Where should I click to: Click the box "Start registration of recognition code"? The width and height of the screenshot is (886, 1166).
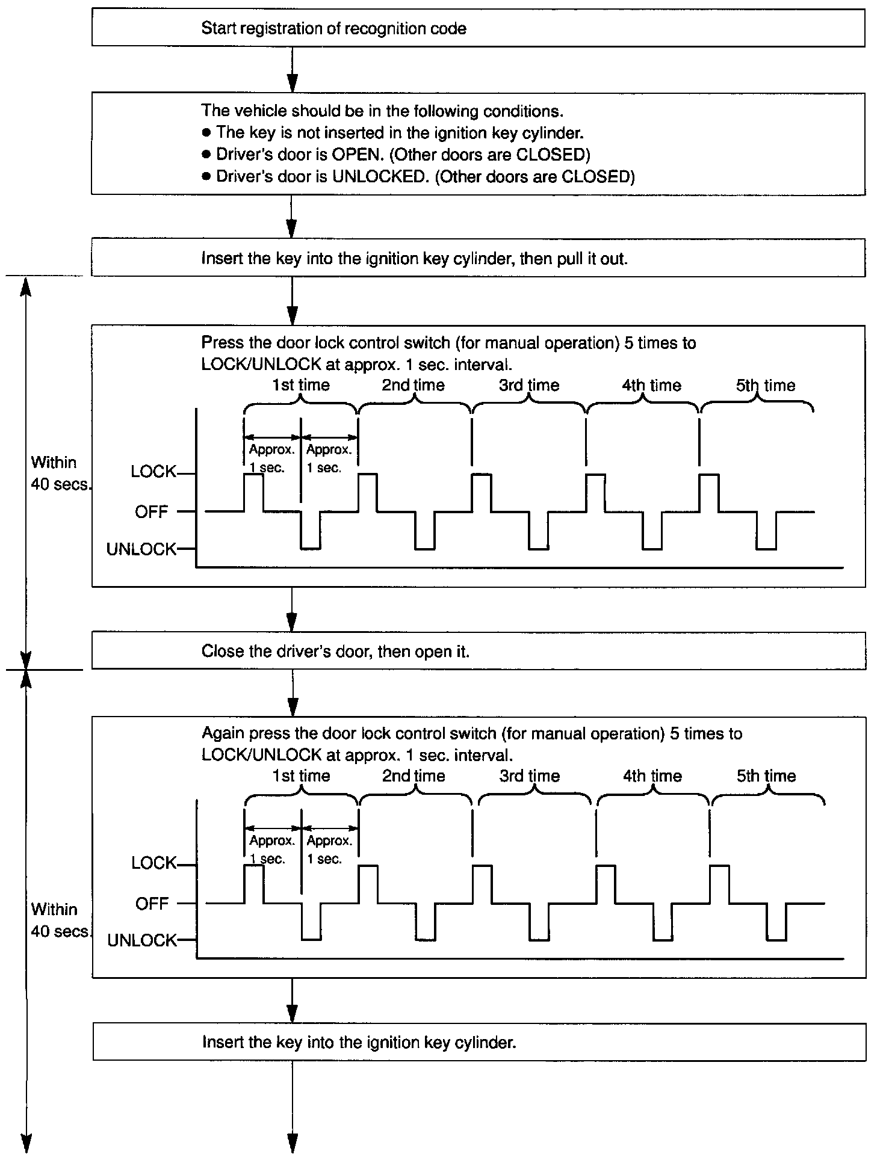478,28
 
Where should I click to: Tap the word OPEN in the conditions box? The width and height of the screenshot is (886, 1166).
358,155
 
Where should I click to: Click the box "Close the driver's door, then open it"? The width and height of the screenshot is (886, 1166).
478,651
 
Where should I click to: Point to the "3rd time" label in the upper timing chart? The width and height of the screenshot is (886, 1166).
529,385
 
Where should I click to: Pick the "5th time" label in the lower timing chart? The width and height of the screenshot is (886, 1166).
766,776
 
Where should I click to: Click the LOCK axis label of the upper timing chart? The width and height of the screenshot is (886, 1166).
153,472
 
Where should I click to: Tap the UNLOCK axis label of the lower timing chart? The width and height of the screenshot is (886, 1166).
142,940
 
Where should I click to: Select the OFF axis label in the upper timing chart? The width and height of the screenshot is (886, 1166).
151,512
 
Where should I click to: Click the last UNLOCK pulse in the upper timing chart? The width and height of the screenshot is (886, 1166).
766,538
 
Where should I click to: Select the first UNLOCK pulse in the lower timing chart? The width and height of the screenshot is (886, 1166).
311,930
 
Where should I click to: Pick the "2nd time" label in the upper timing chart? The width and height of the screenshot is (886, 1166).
414,385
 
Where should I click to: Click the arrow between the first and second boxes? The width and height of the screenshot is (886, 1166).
292,69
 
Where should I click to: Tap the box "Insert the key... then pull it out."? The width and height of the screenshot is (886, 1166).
478,259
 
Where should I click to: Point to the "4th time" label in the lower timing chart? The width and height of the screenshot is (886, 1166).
652,776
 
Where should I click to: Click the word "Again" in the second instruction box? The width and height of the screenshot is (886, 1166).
223,733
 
